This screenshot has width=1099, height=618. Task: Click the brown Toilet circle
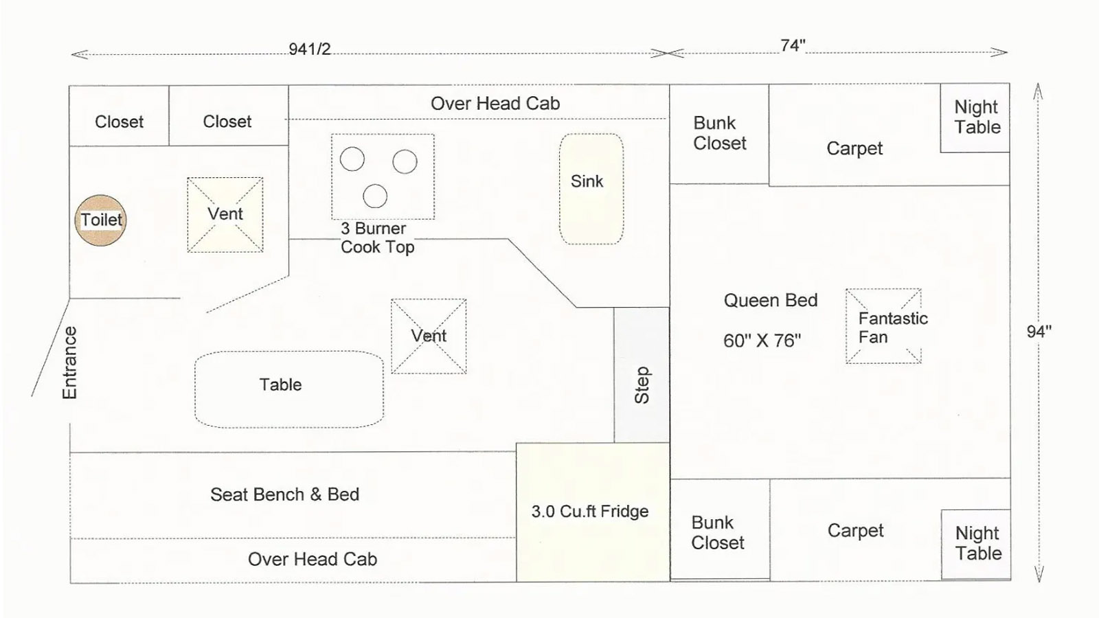(100, 220)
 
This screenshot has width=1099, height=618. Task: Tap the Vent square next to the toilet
(225, 215)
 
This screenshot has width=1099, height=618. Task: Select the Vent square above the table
(429, 336)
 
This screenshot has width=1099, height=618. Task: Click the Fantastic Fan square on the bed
(883, 326)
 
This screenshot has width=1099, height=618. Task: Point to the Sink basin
(591, 189)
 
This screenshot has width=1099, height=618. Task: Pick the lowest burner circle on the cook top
(375, 196)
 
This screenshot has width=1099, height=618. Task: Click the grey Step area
(642, 375)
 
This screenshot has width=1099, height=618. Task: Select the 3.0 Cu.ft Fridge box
(593, 512)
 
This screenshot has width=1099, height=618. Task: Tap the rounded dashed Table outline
(289, 389)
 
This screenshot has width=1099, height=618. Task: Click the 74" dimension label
(793, 45)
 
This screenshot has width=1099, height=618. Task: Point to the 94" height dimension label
(1039, 332)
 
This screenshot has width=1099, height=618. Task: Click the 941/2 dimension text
(310, 49)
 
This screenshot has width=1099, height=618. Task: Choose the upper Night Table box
(975, 118)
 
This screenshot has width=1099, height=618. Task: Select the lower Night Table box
(976, 545)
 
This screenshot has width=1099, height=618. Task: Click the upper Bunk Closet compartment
(719, 135)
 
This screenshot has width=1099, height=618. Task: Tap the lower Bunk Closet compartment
(720, 529)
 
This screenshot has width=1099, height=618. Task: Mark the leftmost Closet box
(120, 116)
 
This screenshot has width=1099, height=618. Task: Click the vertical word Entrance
(69, 363)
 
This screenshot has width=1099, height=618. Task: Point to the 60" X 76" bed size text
(762, 341)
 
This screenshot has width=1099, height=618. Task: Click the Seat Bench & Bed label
(284, 494)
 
